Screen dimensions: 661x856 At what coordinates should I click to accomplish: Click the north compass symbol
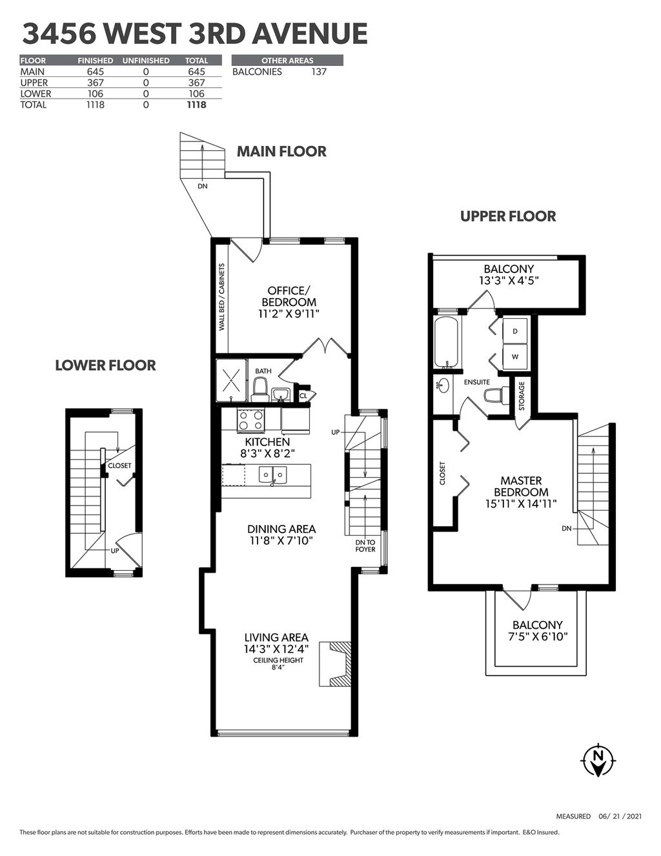pyautogui.click(x=598, y=760)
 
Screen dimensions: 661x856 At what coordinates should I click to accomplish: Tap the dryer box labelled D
pyautogui.click(x=515, y=331)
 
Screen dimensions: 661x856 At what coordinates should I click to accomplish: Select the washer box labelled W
pyautogui.click(x=515, y=356)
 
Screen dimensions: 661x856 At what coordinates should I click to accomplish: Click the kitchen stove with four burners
pyautogui.click(x=251, y=420)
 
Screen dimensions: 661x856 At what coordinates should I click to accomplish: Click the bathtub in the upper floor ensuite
pyautogui.click(x=446, y=341)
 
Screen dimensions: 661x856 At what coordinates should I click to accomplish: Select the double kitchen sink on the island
pyautogui.click(x=272, y=475)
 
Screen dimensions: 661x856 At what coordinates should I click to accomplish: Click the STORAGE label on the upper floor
pyautogui.click(x=522, y=396)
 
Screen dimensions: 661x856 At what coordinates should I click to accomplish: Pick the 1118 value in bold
pyautogui.click(x=197, y=105)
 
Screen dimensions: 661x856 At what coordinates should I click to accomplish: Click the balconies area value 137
pyautogui.click(x=319, y=72)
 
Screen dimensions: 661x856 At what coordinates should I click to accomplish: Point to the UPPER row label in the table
pyautogui.click(x=34, y=83)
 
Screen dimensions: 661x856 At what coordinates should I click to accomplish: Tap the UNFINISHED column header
pyautogui.click(x=146, y=61)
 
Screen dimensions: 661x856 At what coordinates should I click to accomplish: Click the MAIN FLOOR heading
pyautogui.click(x=281, y=151)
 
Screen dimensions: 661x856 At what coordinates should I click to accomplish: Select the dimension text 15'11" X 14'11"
pyautogui.click(x=521, y=504)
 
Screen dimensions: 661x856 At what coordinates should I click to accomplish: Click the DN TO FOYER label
pyautogui.click(x=365, y=546)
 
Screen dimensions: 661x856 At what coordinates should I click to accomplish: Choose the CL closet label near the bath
pyautogui.click(x=303, y=396)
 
